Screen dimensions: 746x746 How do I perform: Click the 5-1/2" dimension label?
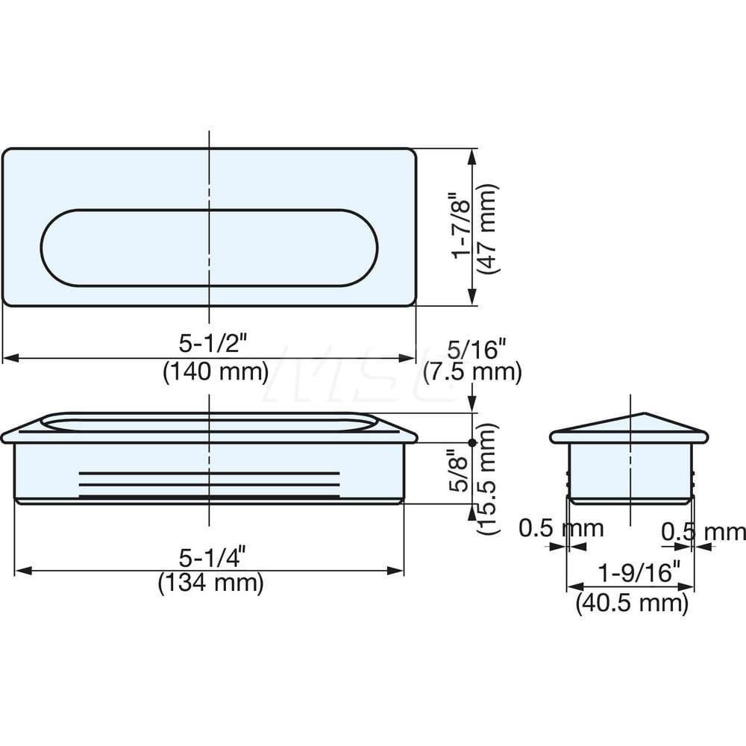click(x=213, y=344)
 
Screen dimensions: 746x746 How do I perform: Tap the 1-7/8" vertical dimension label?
click(x=463, y=226)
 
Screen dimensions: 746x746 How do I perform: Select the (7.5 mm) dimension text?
click(x=471, y=372)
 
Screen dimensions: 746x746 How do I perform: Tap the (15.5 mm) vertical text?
click(x=487, y=478)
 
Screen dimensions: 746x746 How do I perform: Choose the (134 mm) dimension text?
click(x=211, y=583)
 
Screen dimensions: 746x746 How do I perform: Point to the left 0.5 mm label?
click(x=560, y=529)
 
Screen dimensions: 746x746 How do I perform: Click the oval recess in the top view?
click(x=209, y=247)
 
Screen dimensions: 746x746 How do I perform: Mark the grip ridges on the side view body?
click(x=210, y=485)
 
